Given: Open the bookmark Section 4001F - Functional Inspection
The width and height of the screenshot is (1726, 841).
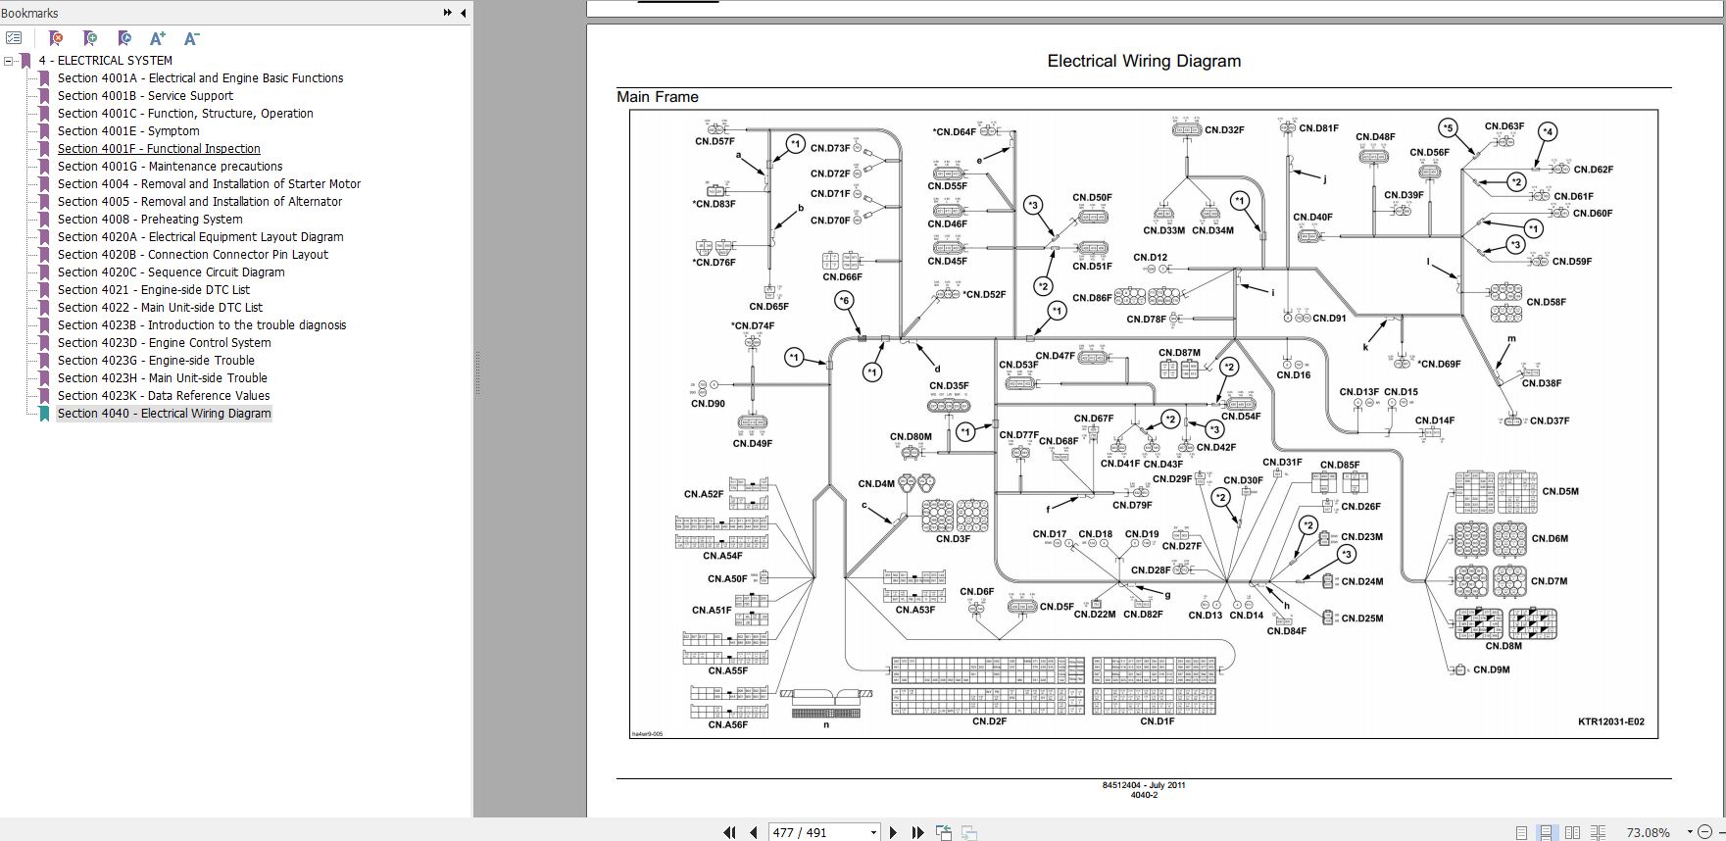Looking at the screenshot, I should point(159,149).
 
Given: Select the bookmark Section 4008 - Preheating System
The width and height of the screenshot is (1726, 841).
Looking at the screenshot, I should point(149,220).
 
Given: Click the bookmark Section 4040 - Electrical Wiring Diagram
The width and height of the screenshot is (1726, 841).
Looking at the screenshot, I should point(164,414).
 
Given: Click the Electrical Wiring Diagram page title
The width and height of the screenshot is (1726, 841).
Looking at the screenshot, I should point(1144,61).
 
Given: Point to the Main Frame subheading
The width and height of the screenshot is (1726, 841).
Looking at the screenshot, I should point(658,97).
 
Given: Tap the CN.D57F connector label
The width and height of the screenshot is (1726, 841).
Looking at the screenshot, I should point(715,142).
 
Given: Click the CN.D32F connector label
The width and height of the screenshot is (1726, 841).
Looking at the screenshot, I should point(1224,130).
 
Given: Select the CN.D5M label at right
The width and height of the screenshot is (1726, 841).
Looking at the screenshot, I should point(1560,492).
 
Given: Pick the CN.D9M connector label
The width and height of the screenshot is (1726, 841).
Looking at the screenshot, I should point(1491,670).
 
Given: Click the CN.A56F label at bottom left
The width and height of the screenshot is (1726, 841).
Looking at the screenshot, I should point(727,725).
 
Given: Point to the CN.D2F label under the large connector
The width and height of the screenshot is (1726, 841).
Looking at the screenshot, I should point(989,721).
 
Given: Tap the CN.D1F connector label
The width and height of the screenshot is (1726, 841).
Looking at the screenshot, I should point(1157,721).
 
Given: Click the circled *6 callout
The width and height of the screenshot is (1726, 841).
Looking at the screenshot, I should point(844,301).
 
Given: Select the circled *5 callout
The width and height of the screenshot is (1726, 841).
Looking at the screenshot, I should point(1448,127).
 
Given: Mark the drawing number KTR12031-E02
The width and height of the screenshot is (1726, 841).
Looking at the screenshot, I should point(1610,722).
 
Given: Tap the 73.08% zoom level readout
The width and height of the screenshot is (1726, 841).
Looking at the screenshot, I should point(1648,832).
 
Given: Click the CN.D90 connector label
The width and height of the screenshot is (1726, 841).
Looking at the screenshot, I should point(708,404).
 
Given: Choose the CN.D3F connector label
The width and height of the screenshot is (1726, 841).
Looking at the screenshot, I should point(953,539).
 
